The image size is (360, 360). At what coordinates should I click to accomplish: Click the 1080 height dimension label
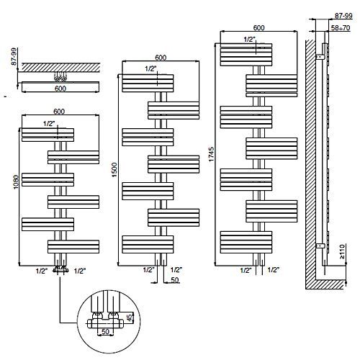tap(16, 182)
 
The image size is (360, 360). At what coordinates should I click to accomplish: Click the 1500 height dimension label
tap(114, 170)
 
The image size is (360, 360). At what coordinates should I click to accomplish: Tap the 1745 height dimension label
tap(211, 154)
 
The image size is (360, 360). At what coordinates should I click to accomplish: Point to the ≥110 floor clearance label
tap(342, 251)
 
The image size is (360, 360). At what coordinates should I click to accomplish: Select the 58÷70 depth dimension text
tap(341, 28)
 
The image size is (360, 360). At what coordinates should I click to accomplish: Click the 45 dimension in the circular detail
tap(129, 318)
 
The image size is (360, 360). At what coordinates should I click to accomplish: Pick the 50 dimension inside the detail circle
tap(105, 331)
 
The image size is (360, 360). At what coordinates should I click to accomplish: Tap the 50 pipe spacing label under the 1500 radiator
tap(175, 280)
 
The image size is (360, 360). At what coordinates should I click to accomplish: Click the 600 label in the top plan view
tap(60, 89)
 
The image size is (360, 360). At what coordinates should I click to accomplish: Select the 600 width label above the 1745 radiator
tap(258, 28)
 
